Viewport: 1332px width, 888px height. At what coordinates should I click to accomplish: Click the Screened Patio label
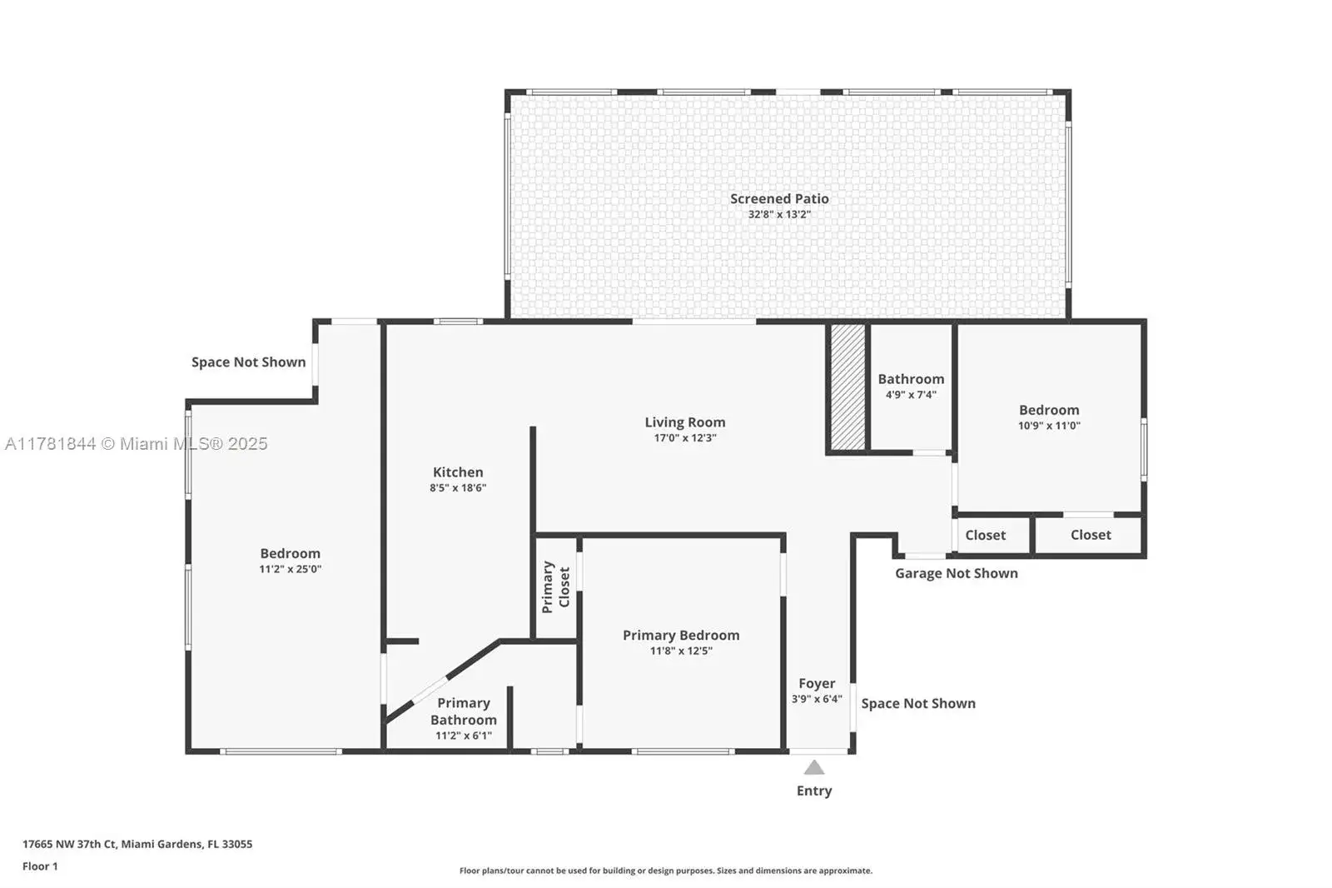[779, 199]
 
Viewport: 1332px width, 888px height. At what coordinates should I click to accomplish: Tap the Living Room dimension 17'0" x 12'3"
[685, 438]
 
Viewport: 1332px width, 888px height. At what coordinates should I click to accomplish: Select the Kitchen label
[458, 472]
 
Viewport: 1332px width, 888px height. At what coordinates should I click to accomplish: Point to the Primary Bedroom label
[681, 635]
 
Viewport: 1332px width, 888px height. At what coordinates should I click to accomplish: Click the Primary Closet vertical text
[556, 586]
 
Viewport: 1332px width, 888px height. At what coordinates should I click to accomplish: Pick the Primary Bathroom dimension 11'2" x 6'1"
[464, 736]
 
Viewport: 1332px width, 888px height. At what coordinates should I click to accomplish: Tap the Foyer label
[817, 683]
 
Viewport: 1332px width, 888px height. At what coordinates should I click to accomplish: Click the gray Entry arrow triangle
[814, 768]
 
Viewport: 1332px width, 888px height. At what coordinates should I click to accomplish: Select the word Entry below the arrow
[814, 791]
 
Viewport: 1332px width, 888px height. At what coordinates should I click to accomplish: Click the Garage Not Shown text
[957, 573]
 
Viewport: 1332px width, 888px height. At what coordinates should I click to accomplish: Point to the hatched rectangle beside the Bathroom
[847, 387]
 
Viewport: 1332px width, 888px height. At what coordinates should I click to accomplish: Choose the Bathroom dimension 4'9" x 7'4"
[911, 395]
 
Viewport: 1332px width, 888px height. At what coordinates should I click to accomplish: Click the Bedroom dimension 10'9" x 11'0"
[1049, 426]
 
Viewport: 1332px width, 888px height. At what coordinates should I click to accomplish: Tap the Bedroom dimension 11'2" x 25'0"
[291, 569]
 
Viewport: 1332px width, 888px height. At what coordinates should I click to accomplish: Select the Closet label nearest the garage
[986, 535]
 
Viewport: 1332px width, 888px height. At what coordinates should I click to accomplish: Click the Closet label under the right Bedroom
[1091, 535]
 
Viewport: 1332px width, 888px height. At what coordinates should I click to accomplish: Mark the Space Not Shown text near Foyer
[918, 704]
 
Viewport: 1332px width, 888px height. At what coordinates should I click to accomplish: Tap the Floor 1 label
[40, 866]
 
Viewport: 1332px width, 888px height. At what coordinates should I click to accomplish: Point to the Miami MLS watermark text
[137, 444]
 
